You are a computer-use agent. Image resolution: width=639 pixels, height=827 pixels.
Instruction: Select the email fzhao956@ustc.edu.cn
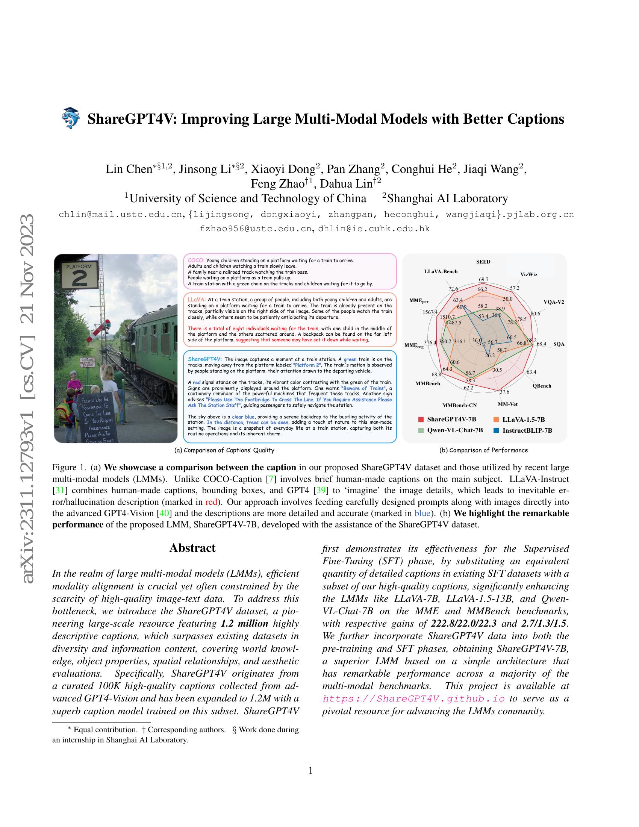256,229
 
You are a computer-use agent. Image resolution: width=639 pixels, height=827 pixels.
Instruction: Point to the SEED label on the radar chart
483,262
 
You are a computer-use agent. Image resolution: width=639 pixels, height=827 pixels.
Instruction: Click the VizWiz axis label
528,274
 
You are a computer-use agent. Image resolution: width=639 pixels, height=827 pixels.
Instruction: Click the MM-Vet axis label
508,404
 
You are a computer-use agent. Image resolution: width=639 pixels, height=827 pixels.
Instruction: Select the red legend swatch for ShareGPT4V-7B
421,420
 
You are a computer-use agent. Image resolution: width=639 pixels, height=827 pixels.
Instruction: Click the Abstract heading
192,548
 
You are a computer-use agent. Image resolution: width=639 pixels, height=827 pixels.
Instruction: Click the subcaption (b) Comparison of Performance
483,450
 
